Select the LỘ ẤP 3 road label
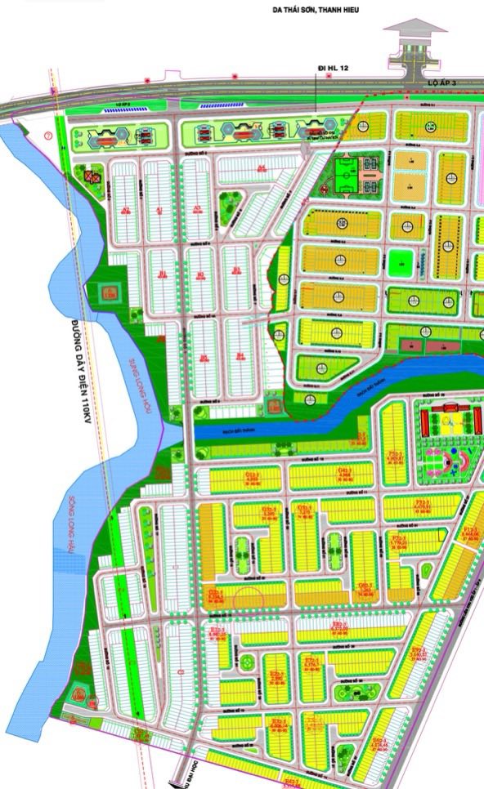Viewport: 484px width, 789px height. (x=425, y=85)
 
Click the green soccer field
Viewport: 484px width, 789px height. (x=344, y=173)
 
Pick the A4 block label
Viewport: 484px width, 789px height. (x=262, y=170)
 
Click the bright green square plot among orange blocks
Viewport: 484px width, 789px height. (x=399, y=263)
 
